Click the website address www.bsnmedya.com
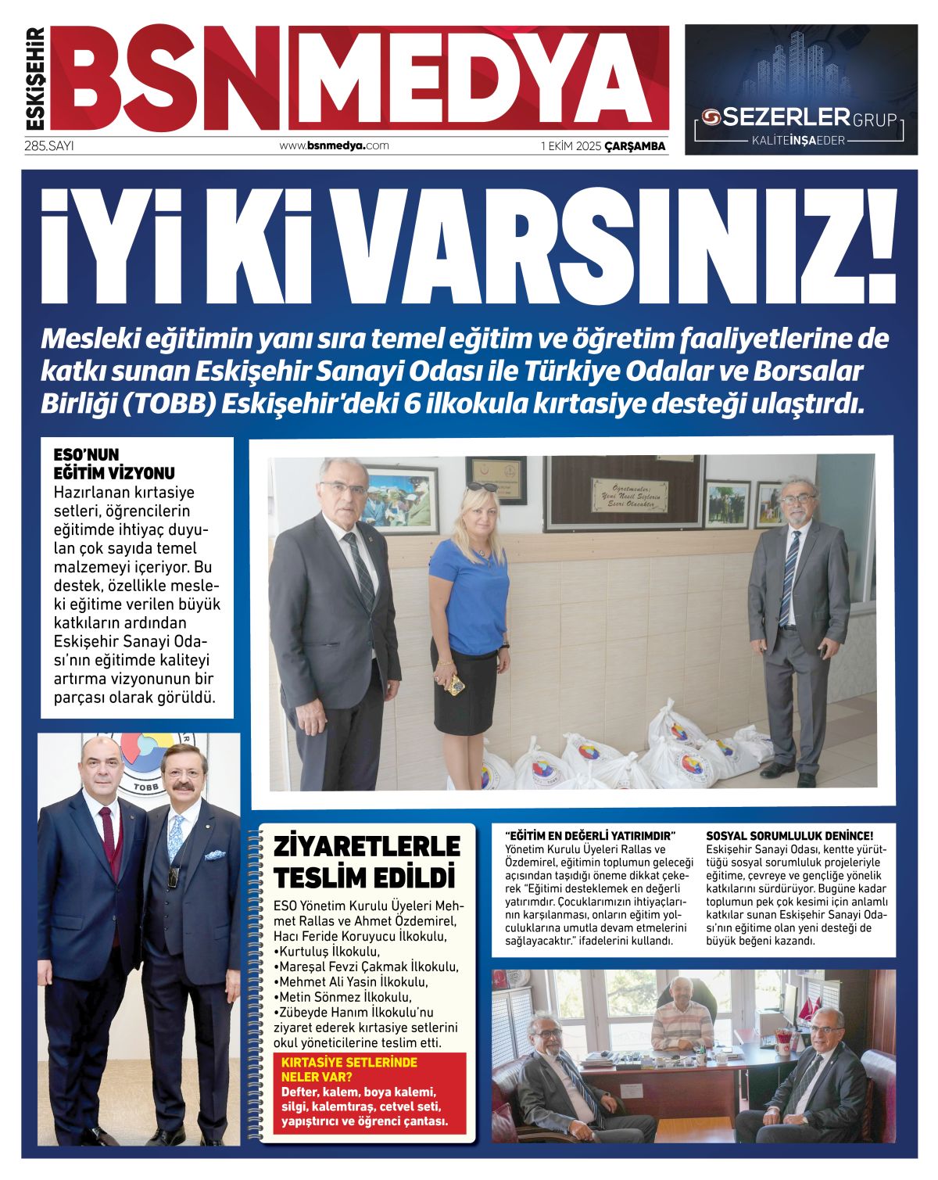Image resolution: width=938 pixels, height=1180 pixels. (x=334, y=145)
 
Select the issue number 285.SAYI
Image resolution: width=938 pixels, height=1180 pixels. (x=48, y=145)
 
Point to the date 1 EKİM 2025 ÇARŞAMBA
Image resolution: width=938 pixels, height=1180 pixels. (x=603, y=146)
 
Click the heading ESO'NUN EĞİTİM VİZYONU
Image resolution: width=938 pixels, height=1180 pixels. (x=114, y=464)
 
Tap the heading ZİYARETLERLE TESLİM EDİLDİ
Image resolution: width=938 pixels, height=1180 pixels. (x=367, y=862)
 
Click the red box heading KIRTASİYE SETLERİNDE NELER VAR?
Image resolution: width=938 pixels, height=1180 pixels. (x=349, y=1069)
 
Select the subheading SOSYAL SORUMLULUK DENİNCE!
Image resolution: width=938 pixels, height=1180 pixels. (x=789, y=836)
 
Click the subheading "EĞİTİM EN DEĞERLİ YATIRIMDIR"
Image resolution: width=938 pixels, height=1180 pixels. (x=589, y=836)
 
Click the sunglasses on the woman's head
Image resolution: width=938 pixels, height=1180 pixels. (x=482, y=488)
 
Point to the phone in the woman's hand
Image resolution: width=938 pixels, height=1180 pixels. (x=456, y=684)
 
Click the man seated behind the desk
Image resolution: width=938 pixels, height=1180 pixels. (x=682, y=1013)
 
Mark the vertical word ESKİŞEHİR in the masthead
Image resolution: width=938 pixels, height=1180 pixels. (x=36, y=78)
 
